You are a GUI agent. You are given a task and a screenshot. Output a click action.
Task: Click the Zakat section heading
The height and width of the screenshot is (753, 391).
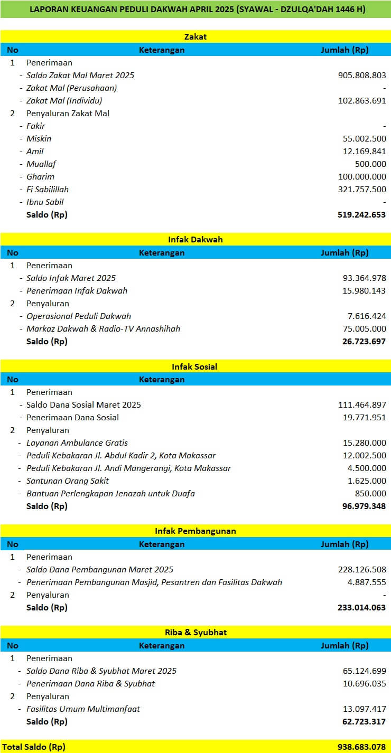(x=196, y=37)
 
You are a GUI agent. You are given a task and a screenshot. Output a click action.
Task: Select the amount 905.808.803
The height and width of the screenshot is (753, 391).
(x=362, y=76)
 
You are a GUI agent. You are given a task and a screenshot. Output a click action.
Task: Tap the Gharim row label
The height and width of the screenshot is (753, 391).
(x=40, y=177)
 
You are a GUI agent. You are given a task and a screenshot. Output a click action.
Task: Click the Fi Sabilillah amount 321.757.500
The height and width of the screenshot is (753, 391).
(x=362, y=190)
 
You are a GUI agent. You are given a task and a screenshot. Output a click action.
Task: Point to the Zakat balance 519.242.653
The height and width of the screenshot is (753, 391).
(x=362, y=215)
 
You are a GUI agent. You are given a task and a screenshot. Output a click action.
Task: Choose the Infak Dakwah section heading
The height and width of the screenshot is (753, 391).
(x=196, y=240)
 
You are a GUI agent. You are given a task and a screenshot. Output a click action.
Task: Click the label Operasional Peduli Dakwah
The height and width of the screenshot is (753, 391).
(x=79, y=316)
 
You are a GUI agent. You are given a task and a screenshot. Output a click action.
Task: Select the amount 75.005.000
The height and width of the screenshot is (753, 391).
(x=364, y=329)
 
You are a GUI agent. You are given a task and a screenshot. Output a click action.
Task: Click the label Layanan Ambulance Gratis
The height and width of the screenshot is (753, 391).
(x=77, y=443)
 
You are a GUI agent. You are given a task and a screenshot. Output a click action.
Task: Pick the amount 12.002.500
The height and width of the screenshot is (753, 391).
(x=364, y=456)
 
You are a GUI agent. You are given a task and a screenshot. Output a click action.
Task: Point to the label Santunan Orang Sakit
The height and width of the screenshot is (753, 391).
(x=68, y=481)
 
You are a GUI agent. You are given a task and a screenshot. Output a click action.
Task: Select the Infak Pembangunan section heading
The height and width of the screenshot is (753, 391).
(x=196, y=531)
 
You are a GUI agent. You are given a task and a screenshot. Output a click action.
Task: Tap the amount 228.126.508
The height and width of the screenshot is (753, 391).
(x=362, y=570)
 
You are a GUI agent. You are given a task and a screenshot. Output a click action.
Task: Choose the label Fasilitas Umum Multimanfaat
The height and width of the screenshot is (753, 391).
(x=83, y=709)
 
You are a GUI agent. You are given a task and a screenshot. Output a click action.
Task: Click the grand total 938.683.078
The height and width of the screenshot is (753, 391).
(x=362, y=747)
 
